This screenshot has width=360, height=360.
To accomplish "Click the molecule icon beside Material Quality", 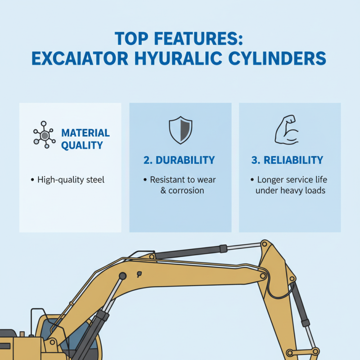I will (44, 134).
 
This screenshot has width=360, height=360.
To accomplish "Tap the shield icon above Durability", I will (180, 130).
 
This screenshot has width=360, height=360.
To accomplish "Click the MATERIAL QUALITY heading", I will (85, 139).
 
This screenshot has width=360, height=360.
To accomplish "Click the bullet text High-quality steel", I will (71, 180).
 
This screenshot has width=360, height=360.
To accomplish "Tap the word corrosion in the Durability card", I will (186, 190).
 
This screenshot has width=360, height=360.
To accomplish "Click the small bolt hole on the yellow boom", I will (139, 274).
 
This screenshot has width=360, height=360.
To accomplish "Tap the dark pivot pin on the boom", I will (122, 276).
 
